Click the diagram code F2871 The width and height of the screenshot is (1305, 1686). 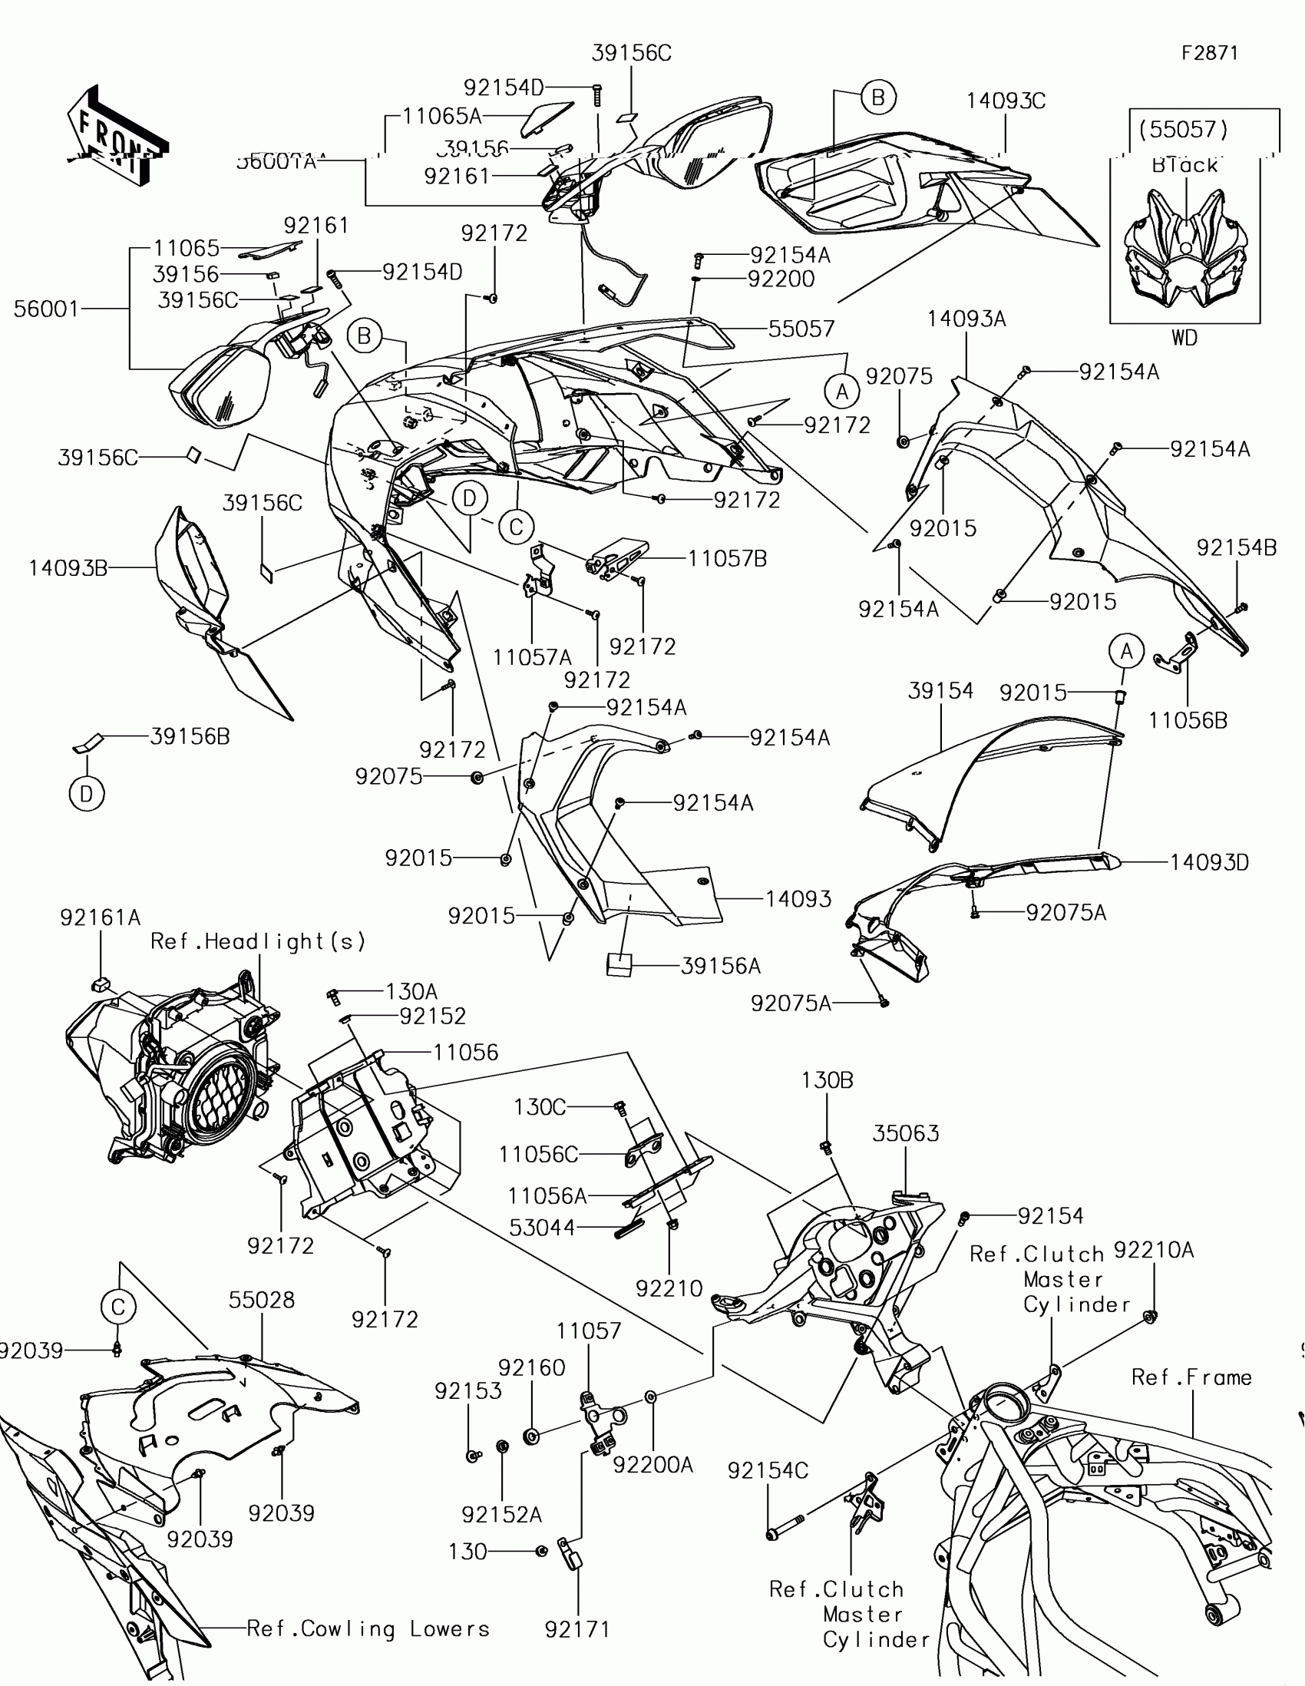[x=1209, y=53]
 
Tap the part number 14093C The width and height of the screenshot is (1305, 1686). [x=1006, y=101]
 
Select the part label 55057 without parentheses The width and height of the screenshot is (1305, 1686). [x=801, y=329]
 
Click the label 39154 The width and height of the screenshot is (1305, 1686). [x=940, y=691]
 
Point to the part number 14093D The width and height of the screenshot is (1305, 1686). [x=1208, y=862]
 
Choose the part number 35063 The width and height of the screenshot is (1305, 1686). [x=905, y=1133]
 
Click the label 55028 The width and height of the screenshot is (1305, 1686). [x=262, y=1300]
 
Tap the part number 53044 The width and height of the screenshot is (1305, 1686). [x=542, y=1228]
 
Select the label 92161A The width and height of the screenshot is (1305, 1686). [x=101, y=918]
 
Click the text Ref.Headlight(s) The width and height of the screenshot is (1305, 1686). [x=258, y=942]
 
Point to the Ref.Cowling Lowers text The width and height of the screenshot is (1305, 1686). [x=368, y=1629]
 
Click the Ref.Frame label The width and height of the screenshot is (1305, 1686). [x=1191, y=1377]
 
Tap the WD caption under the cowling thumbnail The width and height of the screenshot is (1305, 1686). [x=1184, y=337]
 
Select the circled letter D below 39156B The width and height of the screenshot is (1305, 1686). [x=87, y=794]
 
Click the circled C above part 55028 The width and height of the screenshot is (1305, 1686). [x=118, y=1307]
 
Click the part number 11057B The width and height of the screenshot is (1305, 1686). [x=727, y=559]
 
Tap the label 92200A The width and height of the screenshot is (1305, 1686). [x=653, y=1464]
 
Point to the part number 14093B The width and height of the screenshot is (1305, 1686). [x=68, y=569]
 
